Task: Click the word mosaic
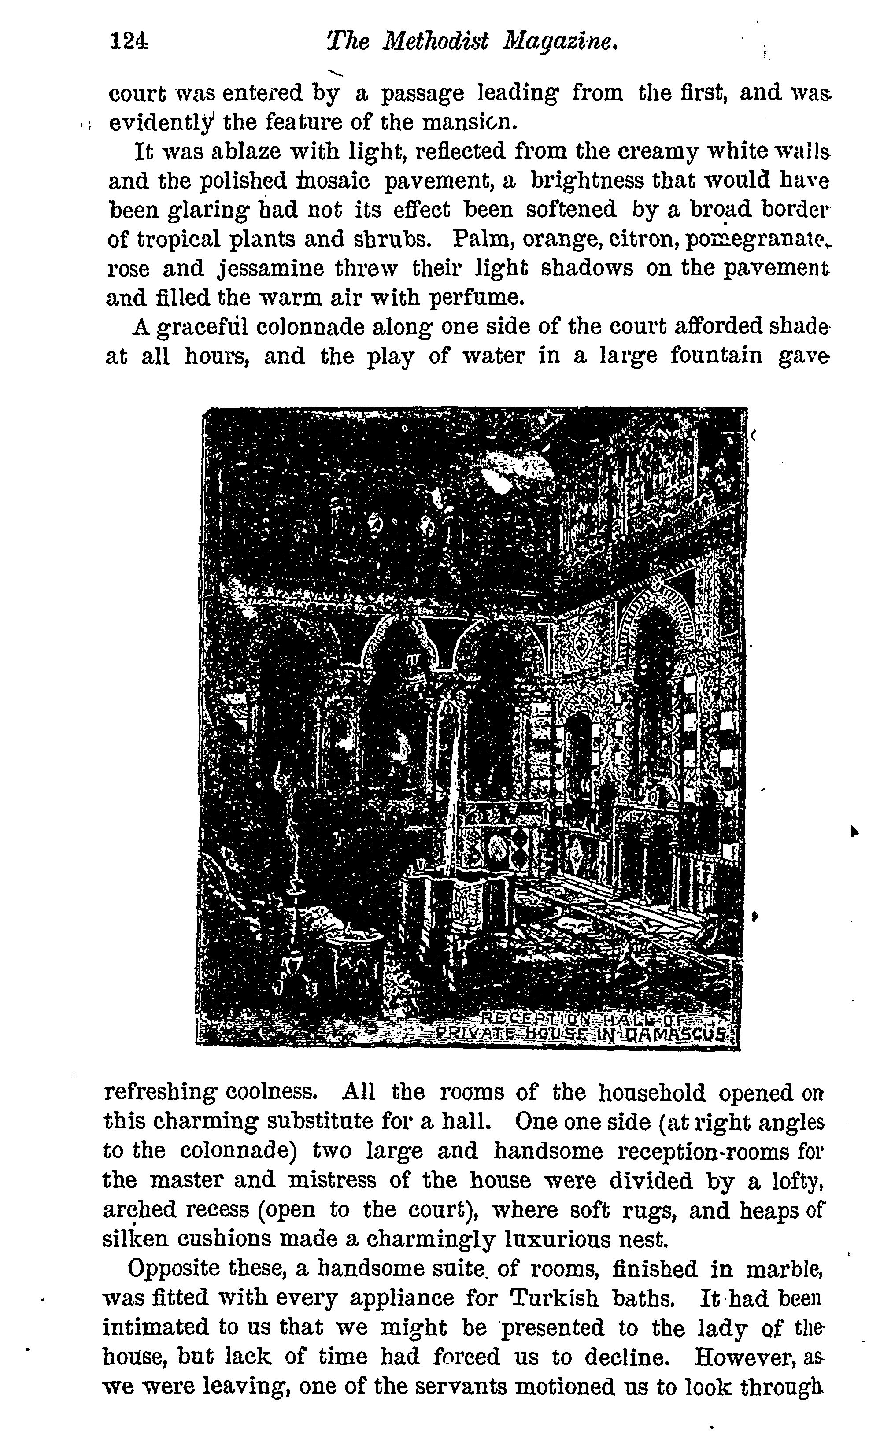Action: click(332, 181)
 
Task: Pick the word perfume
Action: click(475, 299)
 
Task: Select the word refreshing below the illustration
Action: click(158, 1092)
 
